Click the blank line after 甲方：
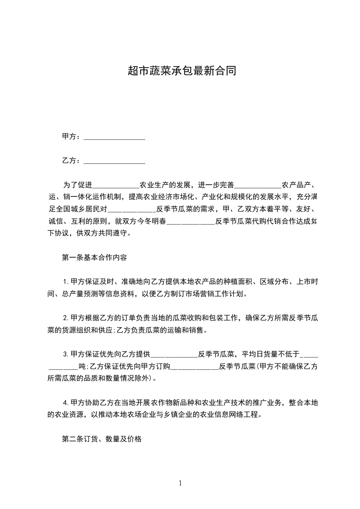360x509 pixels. pos(114,137)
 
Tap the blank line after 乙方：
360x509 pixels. pos(114,161)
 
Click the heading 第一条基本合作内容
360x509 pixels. pos(94,258)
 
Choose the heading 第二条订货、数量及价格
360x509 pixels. pos(102,439)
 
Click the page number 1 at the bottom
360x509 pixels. pos(180,483)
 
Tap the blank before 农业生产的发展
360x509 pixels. pos(116,185)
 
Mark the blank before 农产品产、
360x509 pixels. pos(257,185)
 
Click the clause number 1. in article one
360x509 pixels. pos(66,282)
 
